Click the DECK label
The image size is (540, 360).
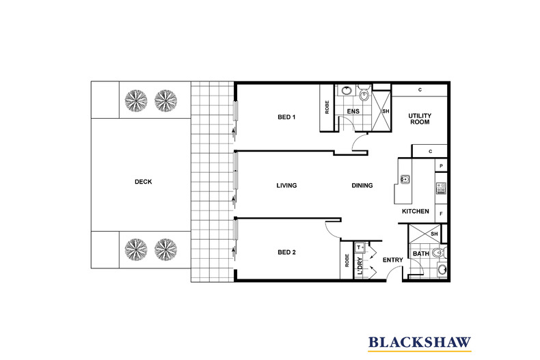143,182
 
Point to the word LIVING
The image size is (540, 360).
286,186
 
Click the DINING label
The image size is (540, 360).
362,186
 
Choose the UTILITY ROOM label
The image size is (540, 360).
419,119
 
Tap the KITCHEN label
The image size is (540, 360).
416,212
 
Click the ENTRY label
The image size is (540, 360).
392,260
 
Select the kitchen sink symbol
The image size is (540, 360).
405,180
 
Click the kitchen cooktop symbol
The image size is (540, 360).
442,188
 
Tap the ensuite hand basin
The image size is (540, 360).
347,90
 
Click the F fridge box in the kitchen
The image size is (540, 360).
442,214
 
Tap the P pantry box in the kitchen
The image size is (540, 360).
442,166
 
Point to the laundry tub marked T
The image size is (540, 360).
359,248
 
